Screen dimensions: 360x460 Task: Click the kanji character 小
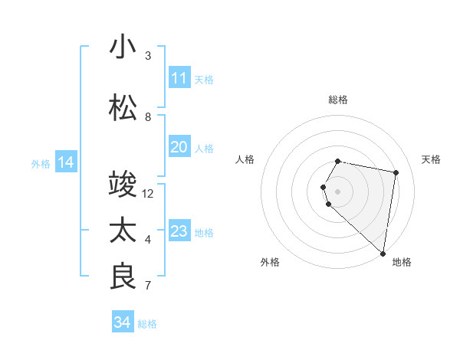click(x=123, y=46)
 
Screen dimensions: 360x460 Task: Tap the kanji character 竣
click(x=123, y=184)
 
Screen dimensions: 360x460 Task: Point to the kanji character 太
click(x=123, y=230)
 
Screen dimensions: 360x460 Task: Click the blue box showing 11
click(x=179, y=78)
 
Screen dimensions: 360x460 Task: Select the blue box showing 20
click(x=179, y=147)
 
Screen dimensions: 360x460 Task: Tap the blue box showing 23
click(x=179, y=231)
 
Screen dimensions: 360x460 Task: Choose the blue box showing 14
click(x=66, y=162)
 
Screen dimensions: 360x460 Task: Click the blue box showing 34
click(x=123, y=322)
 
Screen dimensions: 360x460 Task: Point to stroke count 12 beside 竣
click(x=148, y=194)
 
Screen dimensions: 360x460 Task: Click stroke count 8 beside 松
click(x=148, y=117)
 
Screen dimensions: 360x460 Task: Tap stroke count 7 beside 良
click(x=148, y=286)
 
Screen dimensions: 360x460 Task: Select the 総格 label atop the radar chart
click(x=338, y=100)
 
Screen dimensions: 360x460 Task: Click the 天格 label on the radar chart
click(x=431, y=159)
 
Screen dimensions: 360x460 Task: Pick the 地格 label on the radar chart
click(x=402, y=263)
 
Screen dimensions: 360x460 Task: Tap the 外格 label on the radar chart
click(x=270, y=263)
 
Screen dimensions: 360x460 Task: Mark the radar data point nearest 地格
click(x=383, y=253)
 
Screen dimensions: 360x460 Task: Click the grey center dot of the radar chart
click(x=338, y=191)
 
